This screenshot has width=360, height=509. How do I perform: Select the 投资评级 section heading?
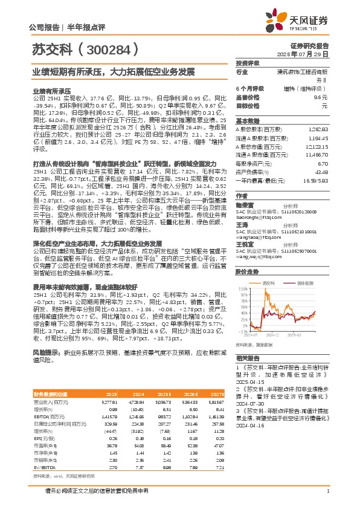click(x=248, y=63)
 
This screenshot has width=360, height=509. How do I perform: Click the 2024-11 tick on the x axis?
click(x=273, y=334)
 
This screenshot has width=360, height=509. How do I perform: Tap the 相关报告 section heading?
click(x=247, y=357)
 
